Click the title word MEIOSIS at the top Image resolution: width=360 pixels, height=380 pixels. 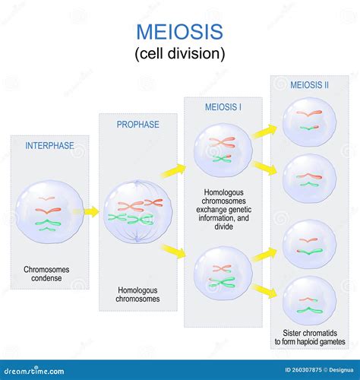[179, 31]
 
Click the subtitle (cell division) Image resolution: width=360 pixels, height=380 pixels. [179, 54]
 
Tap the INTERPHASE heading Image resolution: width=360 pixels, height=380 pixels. [49, 145]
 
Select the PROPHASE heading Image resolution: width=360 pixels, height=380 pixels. [137, 124]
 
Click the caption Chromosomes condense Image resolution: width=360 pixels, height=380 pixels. [49, 274]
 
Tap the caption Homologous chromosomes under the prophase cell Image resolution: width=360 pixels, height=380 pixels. [137, 294]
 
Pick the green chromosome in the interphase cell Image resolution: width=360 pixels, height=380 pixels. [49, 224]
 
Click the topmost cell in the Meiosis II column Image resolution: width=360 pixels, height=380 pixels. [308, 120]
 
